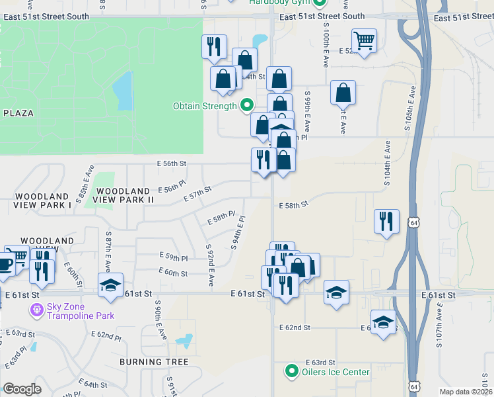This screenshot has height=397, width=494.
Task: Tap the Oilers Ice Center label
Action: tap(335, 372)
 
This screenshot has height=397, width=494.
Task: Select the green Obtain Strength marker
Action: tap(247, 105)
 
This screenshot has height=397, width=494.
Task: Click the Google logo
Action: tap(22, 389)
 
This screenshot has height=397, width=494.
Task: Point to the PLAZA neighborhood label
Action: tap(18, 113)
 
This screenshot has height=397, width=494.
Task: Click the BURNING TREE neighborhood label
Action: tap(154, 362)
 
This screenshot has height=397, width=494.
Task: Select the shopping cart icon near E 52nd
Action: tap(364, 41)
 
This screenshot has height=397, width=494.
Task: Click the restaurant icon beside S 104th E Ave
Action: tap(386, 220)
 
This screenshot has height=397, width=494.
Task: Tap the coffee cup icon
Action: tap(5, 265)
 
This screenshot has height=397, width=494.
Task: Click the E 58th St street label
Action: tap(293, 206)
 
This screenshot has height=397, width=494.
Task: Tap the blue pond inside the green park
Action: tap(122, 92)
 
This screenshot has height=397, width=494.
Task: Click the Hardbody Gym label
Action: tap(280, 3)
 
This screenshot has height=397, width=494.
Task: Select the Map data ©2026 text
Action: tap(465, 392)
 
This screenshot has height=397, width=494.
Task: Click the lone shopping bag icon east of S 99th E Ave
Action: tap(343, 93)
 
